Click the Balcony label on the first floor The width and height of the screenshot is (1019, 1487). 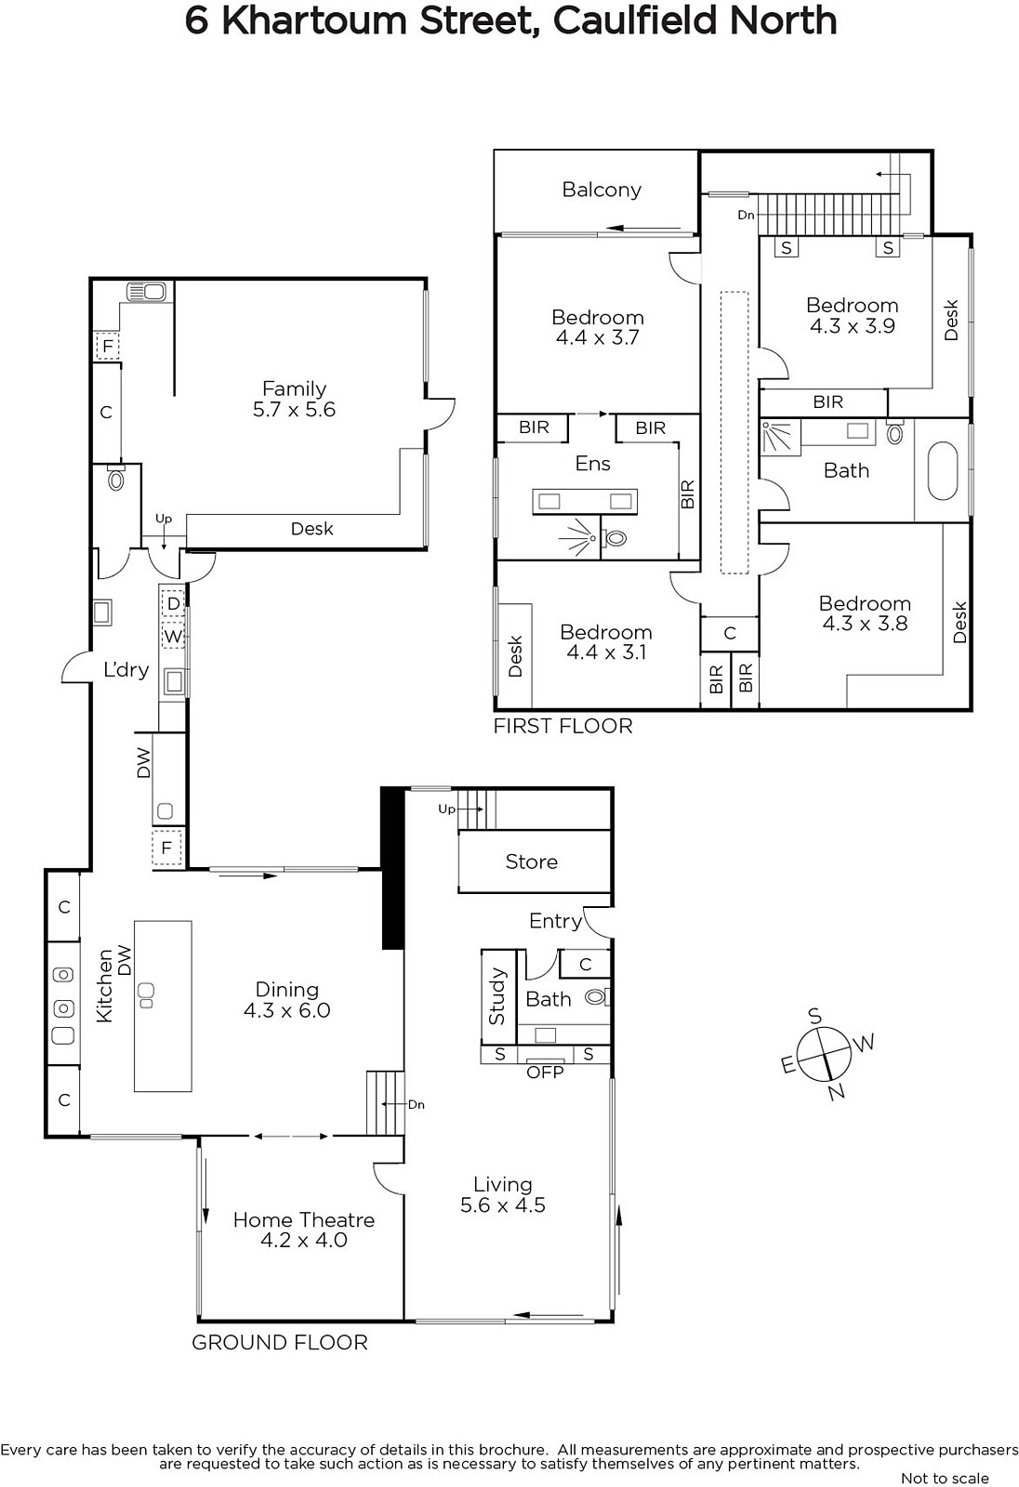[602, 190]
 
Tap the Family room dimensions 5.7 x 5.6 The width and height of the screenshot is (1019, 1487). [295, 410]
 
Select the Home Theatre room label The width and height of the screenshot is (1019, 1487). [304, 1220]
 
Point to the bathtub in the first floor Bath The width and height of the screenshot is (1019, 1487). [943, 470]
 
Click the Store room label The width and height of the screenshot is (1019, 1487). [532, 862]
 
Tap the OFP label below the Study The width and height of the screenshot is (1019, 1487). [545, 1072]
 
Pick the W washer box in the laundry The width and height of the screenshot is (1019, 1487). [173, 637]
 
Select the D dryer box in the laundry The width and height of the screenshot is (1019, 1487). [173, 604]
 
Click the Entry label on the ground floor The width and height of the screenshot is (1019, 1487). [555, 921]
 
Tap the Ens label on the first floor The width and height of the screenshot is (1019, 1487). [592, 464]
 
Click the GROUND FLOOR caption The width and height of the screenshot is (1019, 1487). [280, 1343]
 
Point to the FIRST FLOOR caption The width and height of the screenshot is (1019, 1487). [563, 726]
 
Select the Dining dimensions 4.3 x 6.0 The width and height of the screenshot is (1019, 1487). [287, 1010]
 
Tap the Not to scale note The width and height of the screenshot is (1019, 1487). [945, 1479]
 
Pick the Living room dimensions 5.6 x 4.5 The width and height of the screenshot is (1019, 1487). [503, 1204]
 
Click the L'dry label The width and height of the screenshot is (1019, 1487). [126, 670]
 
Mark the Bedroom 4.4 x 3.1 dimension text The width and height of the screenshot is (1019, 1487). [606, 651]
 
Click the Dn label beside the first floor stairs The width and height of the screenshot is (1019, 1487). [746, 215]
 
